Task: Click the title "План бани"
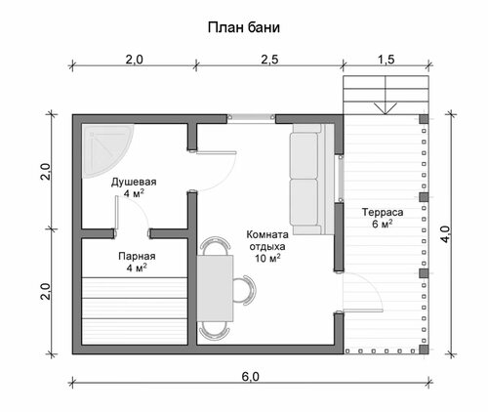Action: pos(244,27)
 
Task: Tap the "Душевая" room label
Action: pos(134,182)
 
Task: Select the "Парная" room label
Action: pos(137,256)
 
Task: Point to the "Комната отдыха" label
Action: pos(267,240)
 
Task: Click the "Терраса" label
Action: pos(383,212)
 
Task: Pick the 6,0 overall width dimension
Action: pos(251,377)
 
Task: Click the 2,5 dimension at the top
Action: pos(269,60)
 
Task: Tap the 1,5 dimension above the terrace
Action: pos(386,60)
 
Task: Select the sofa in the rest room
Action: pos(311,179)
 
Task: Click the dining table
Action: pos(215,288)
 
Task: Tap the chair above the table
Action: pos(216,246)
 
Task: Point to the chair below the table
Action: pos(215,331)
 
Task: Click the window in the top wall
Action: pos(251,117)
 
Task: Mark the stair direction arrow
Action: pos(386,108)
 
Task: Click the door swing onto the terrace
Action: pos(363,292)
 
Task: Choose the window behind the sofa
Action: pos(341,179)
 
